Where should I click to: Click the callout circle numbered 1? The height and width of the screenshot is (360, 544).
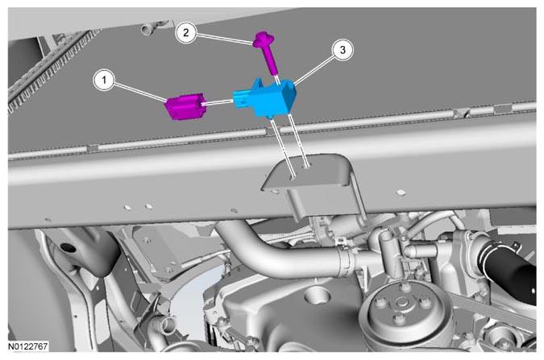coord(105,80)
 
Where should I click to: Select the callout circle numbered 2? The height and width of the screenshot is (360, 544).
coord(186,33)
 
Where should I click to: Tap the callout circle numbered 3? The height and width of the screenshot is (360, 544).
coord(343,50)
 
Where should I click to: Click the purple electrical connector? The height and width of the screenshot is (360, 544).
coord(185,107)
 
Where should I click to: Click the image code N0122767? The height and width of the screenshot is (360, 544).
coord(28,346)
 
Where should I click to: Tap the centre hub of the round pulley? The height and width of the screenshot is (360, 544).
coord(402,303)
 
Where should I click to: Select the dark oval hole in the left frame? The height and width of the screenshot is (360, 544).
coord(68,247)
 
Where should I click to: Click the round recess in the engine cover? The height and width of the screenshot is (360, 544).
coord(317,295)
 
